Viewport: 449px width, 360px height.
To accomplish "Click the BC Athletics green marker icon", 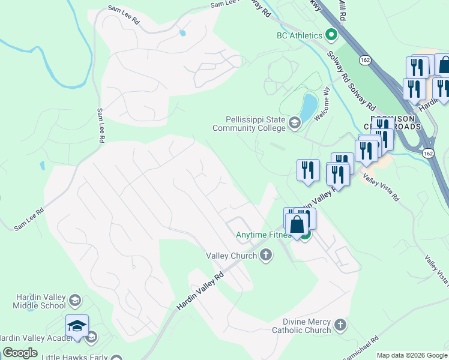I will coord(330,35).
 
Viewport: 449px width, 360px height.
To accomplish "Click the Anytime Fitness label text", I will coord(263,235).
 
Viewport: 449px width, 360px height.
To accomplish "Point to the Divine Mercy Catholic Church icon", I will coord(340,325).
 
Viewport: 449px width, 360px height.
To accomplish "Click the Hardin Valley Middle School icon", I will coord(75,300).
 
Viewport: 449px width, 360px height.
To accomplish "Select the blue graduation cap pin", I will coord(77,326).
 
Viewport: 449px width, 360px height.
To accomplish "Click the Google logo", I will coord(20,353).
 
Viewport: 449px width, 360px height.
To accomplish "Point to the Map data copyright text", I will coord(412,355).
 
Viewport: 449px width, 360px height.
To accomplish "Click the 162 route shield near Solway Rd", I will coord(364,60).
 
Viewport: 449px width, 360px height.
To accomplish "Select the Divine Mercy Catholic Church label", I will coord(301,326).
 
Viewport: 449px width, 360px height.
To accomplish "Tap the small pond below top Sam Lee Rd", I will coord(182,34).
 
